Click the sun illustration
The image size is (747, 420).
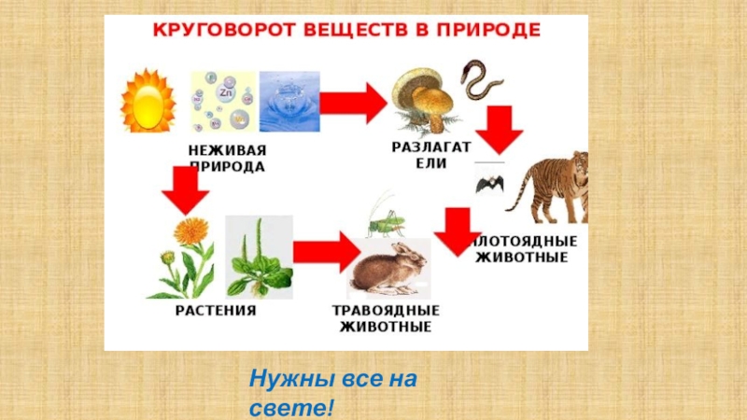click(148, 101)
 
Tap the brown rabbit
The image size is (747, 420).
click(386, 268)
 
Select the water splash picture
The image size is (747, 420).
click(289, 102)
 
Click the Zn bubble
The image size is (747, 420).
click(225, 94)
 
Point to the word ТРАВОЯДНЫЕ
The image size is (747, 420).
click(386, 311)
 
